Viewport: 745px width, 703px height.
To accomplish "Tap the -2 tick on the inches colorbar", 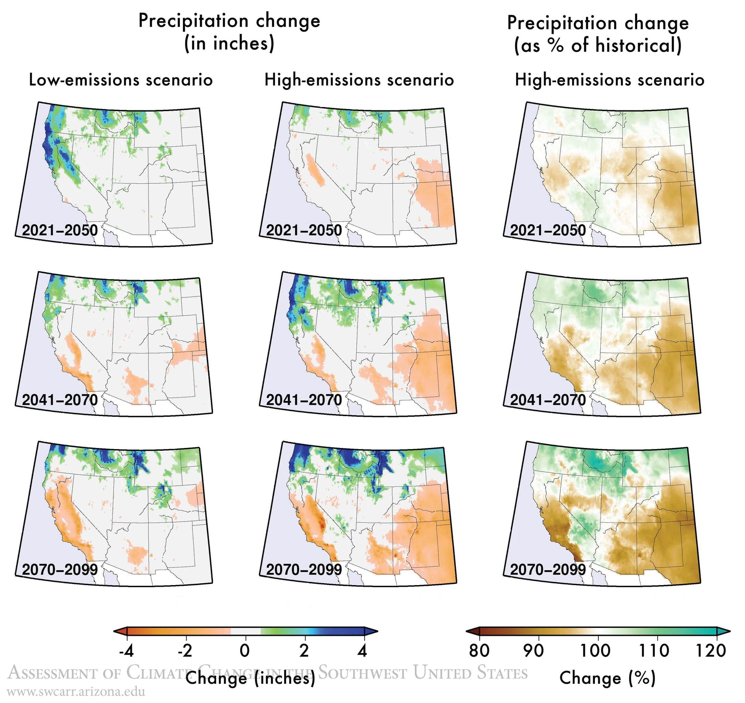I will tap(185, 651).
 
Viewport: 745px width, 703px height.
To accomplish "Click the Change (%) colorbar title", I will tap(607, 678).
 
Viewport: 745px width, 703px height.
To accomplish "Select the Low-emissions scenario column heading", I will tap(121, 80).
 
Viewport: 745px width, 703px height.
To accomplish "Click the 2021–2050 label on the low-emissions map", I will tap(60, 230).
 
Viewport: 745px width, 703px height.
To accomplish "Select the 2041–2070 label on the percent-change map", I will tap(548, 400).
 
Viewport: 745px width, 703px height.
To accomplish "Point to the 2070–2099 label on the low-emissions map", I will tap(60, 570).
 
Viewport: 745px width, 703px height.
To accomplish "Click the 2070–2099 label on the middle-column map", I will tap(304, 570).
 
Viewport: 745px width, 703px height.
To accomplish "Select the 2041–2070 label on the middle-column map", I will tap(304, 400).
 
